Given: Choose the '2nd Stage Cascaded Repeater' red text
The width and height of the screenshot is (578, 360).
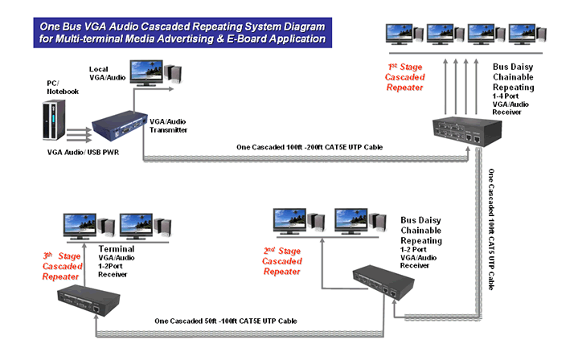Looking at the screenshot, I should [282, 260].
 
